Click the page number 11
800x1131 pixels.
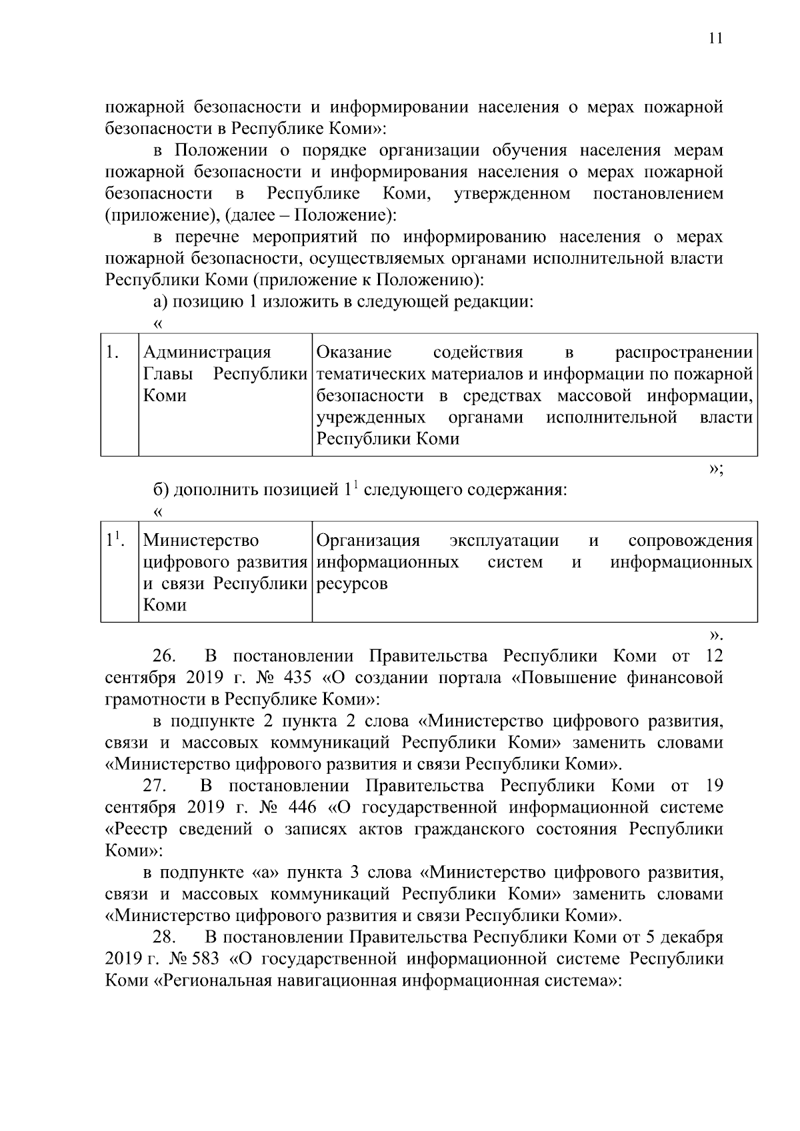point(715,39)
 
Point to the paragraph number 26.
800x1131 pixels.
point(164,656)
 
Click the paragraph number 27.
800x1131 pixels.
point(164,786)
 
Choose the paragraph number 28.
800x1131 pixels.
point(164,938)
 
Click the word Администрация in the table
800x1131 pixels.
point(207,353)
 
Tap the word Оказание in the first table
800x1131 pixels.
point(354,353)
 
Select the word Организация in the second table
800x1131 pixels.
point(368,541)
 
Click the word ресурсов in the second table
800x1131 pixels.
point(351,584)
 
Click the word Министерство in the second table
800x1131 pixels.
point(201,541)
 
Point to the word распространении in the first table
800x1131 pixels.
point(683,353)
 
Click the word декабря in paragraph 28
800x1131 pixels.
point(693,938)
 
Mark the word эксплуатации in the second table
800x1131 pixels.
point(504,541)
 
